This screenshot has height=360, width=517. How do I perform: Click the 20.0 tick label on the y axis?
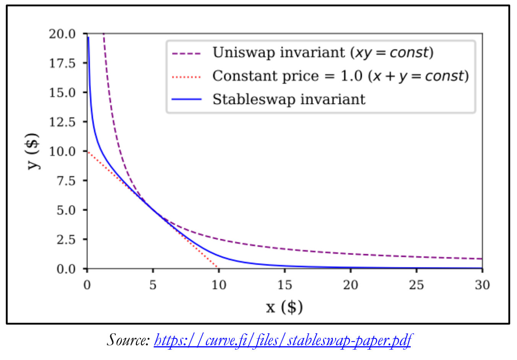62,34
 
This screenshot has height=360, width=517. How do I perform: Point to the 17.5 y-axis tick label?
62,63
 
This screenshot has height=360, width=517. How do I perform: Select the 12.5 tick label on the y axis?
62,122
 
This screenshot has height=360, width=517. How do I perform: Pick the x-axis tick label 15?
285,285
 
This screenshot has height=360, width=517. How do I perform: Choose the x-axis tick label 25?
416,285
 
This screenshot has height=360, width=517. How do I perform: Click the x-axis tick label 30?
482,285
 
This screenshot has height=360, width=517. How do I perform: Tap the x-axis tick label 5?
153,285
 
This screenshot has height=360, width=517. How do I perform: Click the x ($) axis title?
284,307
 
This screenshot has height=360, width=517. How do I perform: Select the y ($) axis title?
34,151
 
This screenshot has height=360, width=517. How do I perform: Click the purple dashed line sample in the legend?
186,54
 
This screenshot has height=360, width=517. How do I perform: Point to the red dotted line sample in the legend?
186,77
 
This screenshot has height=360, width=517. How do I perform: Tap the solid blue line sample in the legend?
186,100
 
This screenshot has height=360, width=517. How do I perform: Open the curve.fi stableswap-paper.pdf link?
283,340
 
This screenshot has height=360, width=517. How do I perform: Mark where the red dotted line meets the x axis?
218,268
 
